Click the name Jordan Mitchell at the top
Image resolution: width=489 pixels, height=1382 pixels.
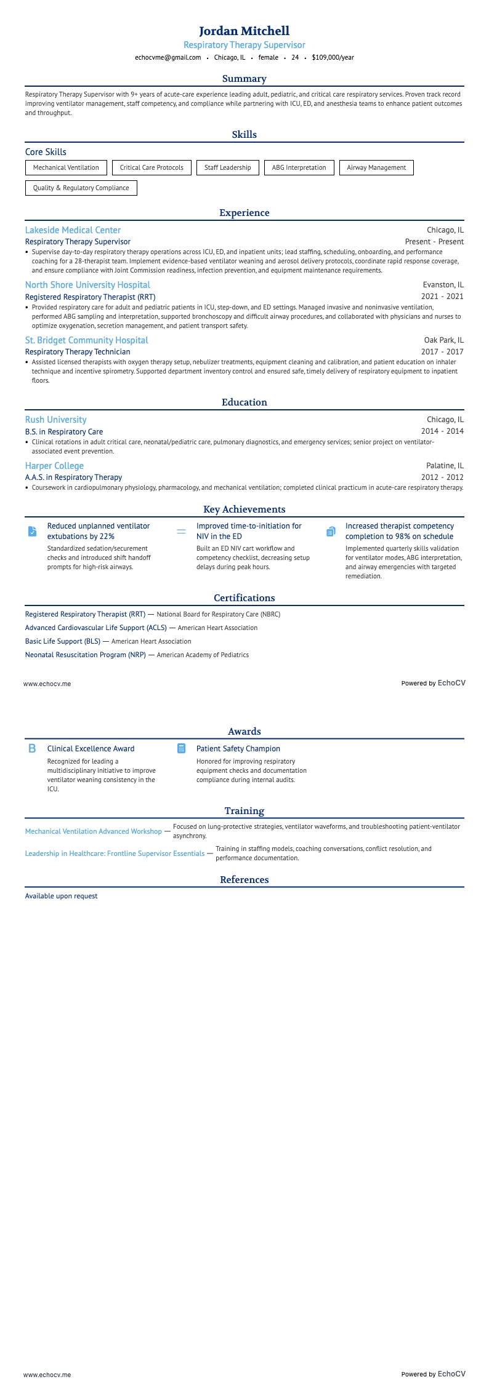pos(244,31)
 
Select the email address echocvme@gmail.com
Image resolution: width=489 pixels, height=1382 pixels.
pos(168,57)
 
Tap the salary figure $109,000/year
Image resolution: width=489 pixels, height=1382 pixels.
pos(333,57)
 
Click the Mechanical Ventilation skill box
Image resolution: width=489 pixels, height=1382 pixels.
pos(66,167)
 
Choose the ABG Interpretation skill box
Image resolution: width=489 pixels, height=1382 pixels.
pos(299,167)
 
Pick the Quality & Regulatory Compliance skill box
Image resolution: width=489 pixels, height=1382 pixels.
pos(81,188)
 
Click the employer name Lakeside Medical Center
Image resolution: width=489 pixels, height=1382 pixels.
pos(73,230)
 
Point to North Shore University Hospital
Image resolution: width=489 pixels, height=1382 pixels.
pos(87,285)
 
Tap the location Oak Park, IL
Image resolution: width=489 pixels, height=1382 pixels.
pos(443,340)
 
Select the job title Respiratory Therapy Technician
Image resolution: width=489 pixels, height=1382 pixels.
pos(78,352)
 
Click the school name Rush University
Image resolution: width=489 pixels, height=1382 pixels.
pos(55,420)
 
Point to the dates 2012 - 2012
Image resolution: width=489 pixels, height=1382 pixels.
pos(442,477)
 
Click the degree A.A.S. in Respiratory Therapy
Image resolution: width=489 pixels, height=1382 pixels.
pos(73,477)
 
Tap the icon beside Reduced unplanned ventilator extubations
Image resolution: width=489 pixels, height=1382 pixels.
pos(33,531)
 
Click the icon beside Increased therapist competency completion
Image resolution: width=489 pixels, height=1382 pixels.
pos(331,531)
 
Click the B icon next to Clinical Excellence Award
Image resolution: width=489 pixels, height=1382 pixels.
pos(33,748)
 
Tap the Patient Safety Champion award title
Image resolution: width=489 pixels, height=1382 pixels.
pos(238,749)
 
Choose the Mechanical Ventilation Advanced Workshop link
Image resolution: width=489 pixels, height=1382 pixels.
pos(93,831)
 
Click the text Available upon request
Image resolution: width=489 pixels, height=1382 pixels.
pos(61,896)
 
